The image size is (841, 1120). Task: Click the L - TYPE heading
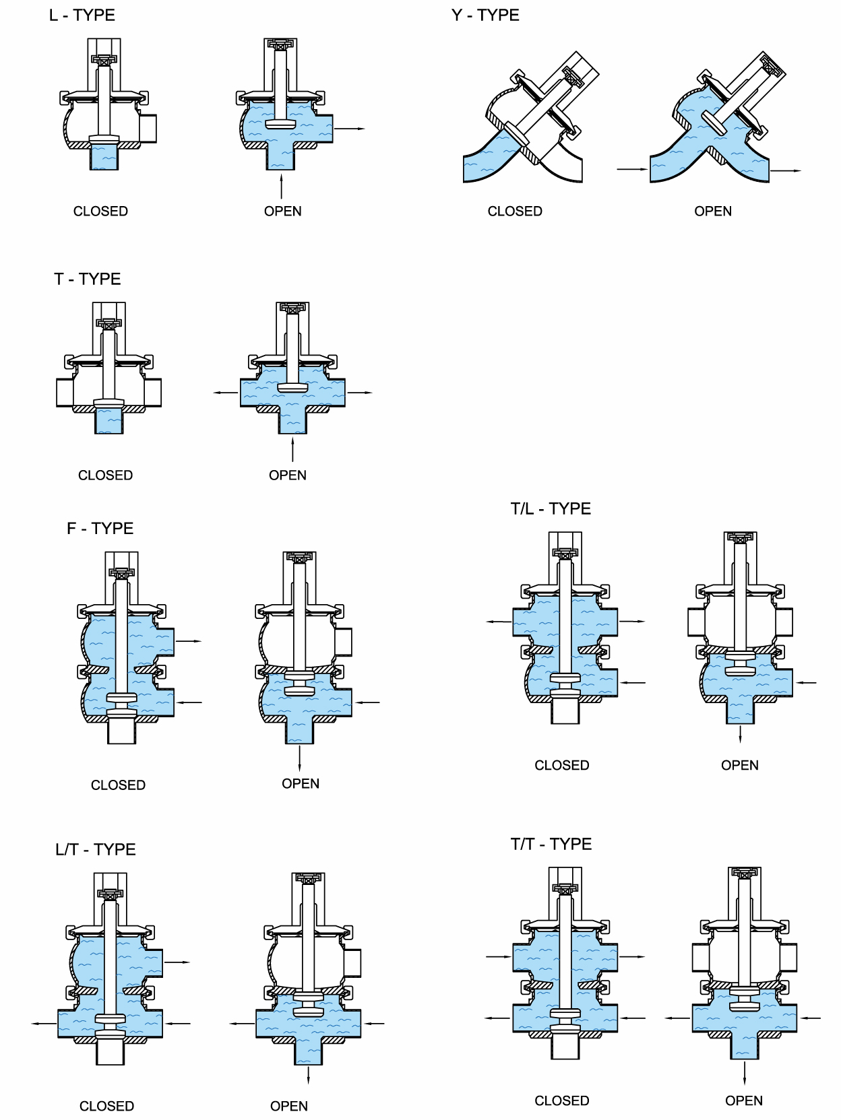82,15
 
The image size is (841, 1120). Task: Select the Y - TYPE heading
485,15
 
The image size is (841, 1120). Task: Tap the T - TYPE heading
88,279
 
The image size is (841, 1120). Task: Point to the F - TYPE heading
100,528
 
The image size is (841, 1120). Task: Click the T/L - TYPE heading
551,508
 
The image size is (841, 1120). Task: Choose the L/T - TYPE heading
96,849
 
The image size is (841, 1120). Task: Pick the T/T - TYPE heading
551,844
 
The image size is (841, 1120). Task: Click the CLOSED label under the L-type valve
100,211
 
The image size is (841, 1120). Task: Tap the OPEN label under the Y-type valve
713,211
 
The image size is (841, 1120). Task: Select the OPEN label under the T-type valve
288,475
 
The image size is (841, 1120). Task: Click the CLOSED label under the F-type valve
118,785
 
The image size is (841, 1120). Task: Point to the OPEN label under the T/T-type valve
744,1100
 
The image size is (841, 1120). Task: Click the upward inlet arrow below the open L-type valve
282,185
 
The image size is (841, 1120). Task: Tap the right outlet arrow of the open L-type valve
350,128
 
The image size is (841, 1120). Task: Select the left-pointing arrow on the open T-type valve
225,392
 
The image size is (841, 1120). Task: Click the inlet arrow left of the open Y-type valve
631,170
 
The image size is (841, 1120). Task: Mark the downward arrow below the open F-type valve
299,758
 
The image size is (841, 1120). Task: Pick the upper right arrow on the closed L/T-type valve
177,962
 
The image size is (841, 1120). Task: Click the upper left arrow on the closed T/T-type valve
498,956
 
